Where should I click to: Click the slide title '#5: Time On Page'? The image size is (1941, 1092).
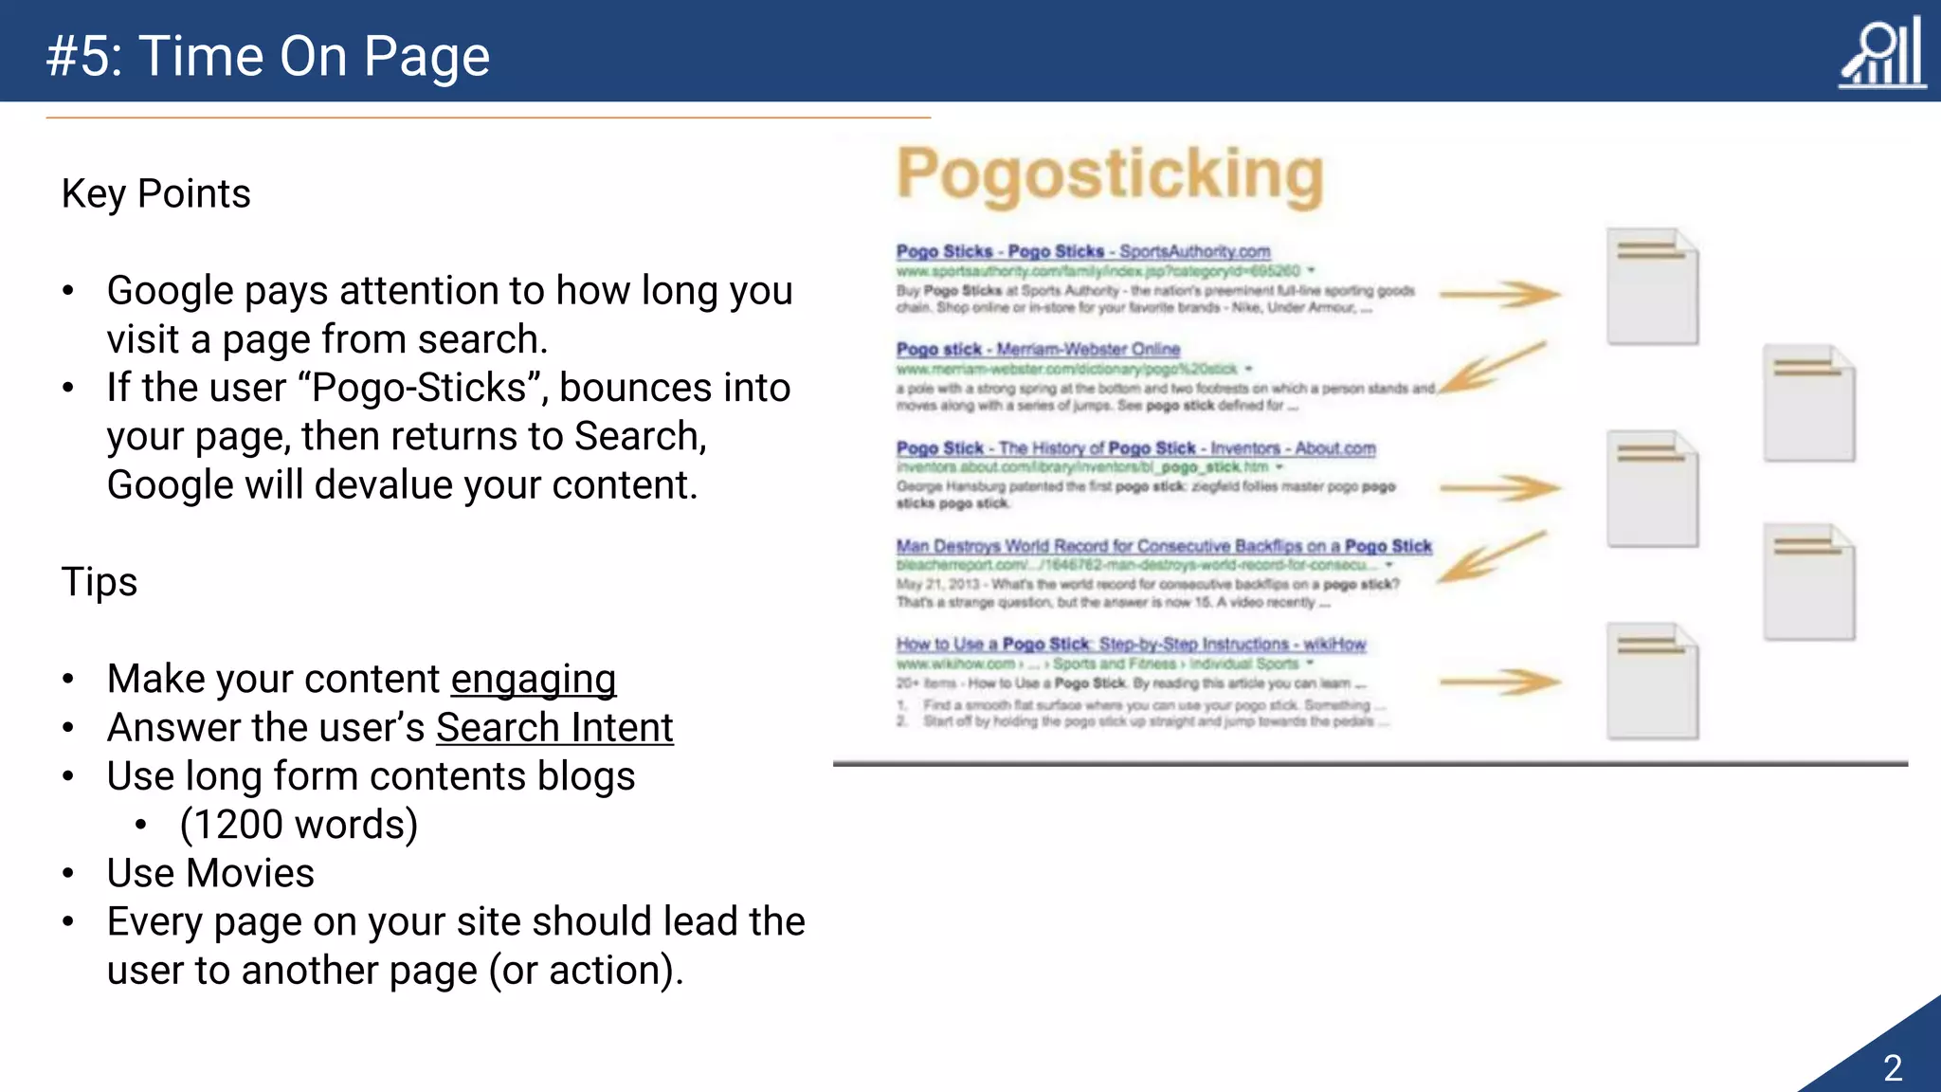click(268, 57)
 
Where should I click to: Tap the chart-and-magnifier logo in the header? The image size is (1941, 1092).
click(1882, 55)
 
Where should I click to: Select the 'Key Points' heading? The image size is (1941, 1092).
click(156, 193)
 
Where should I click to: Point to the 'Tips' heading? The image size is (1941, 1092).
click(100, 581)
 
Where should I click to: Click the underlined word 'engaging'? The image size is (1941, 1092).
click(533, 679)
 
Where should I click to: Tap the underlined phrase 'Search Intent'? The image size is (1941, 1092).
click(554, 728)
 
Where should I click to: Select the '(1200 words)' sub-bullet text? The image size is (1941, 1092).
click(299, 825)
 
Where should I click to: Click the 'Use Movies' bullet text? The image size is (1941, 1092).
click(210, 873)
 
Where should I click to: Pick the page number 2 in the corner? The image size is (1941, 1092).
click(1893, 1068)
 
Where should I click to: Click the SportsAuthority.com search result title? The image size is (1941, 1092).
click(1082, 251)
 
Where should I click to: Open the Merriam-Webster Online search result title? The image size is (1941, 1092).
click(1038, 349)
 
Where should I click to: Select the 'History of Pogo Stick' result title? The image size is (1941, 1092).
click(1135, 447)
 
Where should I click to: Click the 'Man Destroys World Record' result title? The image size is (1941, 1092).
click(1163, 546)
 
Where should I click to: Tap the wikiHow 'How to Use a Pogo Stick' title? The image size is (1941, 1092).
click(1131, 644)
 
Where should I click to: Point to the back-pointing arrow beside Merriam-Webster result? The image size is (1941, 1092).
click(1493, 368)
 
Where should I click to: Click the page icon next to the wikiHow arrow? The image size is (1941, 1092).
click(1652, 681)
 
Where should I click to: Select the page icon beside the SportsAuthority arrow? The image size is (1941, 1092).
click(1652, 286)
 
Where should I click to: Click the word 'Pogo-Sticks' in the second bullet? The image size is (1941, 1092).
click(419, 388)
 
